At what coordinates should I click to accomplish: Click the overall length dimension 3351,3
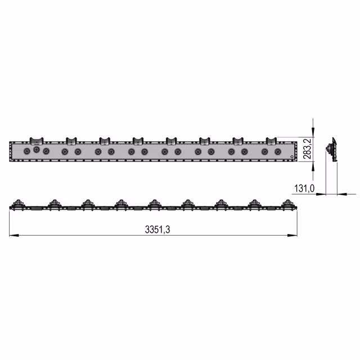pyautogui.click(x=157, y=229)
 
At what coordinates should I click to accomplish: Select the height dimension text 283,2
pyautogui.click(x=307, y=148)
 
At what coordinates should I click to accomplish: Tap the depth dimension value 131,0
pyautogui.click(x=304, y=188)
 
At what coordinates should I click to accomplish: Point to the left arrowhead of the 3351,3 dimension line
pyautogui.click(x=14, y=235)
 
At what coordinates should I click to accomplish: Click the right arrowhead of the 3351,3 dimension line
pyautogui.click(x=292, y=235)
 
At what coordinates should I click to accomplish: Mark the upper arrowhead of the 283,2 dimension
pyautogui.click(x=313, y=133)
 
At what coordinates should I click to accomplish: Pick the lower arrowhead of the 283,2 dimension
pyautogui.click(x=313, y=166)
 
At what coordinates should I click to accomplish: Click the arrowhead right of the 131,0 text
pyautogui.click(x=321, y=194)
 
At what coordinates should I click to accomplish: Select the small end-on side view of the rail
pyautogui.click(x=332, y=149)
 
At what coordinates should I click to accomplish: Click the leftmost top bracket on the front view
pyautogui.click(x=37, y=141)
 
